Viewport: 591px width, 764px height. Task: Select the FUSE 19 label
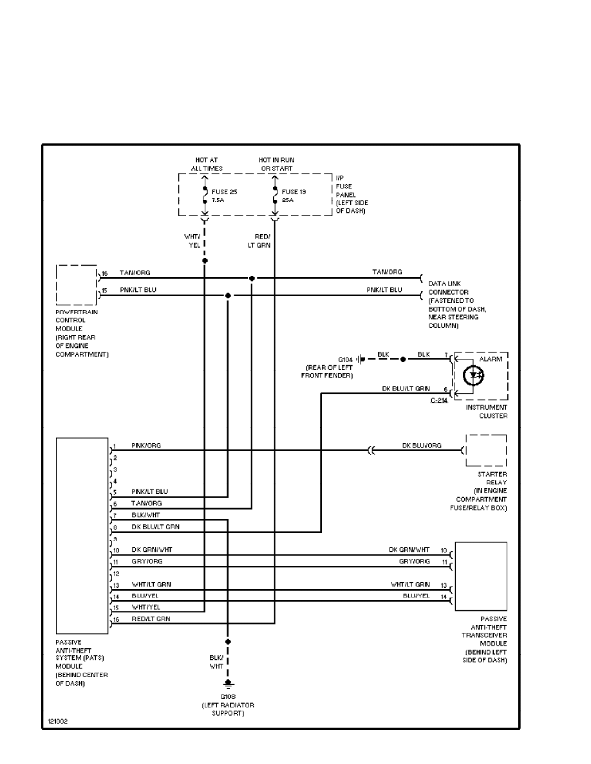293,191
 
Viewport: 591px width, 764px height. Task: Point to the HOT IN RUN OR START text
276,164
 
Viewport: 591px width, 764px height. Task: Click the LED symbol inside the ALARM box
474,374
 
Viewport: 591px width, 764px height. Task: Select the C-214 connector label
440,400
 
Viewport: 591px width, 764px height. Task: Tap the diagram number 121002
58,721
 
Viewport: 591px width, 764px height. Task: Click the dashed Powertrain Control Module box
77,284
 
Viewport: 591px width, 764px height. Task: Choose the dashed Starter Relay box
486,451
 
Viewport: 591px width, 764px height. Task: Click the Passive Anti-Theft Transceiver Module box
480,576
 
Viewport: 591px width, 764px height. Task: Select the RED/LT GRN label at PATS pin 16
147,619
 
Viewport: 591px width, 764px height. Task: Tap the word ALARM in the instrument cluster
491,359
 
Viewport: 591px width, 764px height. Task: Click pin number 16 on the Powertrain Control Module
104,273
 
